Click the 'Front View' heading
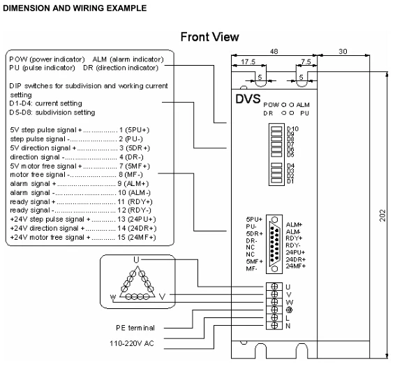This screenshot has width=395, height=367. click(209, 37)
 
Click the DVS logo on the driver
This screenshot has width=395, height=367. click(248, 99)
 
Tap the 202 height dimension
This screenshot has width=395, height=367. click(382, 215)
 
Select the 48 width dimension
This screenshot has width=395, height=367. click(274, 52)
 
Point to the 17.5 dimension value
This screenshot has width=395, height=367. click(248, 62)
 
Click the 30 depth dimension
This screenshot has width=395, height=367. click(343, 52)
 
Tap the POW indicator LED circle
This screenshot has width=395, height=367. click(283, 104)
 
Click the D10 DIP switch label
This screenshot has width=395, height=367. click(292, 129)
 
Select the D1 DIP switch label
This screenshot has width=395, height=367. click(290, 181)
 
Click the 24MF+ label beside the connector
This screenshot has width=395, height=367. click(295, 266)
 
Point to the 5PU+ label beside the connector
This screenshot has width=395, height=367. click(255, 219)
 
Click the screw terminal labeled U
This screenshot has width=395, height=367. click(274, 286)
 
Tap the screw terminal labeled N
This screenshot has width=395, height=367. click(274, 325)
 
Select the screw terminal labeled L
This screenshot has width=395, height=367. click(274, 317)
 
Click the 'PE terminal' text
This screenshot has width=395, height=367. click(135, 328)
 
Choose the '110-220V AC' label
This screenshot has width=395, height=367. click(131, 343)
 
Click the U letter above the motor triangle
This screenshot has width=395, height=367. click(136, 259)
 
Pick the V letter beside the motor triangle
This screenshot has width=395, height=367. click(163, 296)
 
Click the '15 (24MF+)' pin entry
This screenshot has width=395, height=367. click(137, 237)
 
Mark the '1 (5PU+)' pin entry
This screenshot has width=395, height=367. click(134, 130)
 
